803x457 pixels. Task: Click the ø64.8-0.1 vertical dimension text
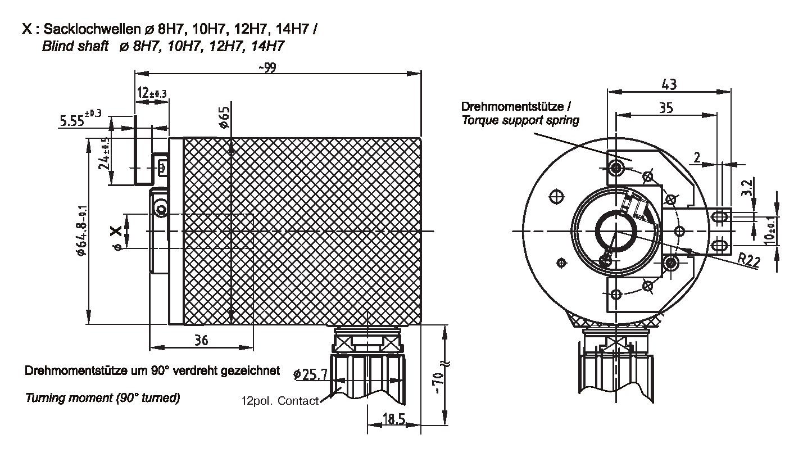(x=81, y=230)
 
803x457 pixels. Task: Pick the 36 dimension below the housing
(x=201, y=340)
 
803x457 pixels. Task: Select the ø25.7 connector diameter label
(x=311, y=373)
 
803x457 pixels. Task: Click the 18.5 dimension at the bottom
(x=393, y=418)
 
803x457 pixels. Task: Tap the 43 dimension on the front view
(x=669, y=84)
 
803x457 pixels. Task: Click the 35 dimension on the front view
(x=666, y=108)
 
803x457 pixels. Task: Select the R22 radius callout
(x=750, y=260)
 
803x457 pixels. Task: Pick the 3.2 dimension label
(x=747, y=188)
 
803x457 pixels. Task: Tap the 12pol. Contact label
(x=279, y=401)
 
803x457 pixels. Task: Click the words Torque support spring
(x=520, y=120)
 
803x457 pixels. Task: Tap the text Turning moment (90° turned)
(x=102, y=398)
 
